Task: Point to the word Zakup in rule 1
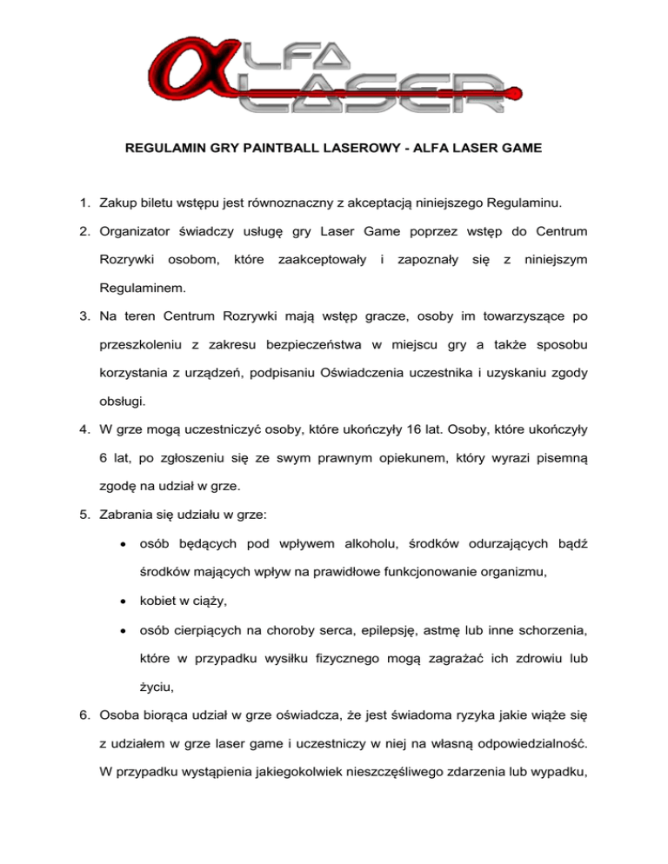[x=124, y=205]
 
